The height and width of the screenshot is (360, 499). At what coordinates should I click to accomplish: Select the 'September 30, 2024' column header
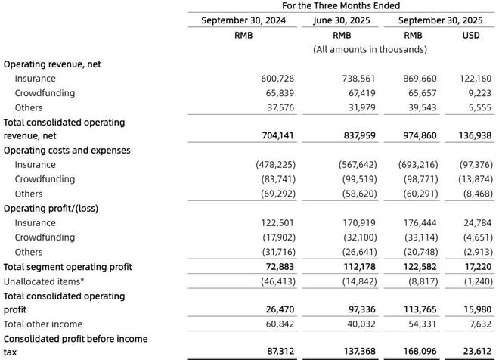tap(243, 20)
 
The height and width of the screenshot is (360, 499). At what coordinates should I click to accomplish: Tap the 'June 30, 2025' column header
tap(342, 20)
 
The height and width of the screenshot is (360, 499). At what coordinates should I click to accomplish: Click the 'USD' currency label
tap(470, 35)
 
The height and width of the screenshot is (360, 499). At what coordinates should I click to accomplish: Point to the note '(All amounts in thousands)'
tap(370, 49)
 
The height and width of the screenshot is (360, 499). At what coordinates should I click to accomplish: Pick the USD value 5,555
tap(479, 107)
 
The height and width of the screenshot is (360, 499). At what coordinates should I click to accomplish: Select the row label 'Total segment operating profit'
tap(68, 267)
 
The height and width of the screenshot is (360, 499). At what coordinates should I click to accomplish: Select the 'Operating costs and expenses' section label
tap(67, 151)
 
